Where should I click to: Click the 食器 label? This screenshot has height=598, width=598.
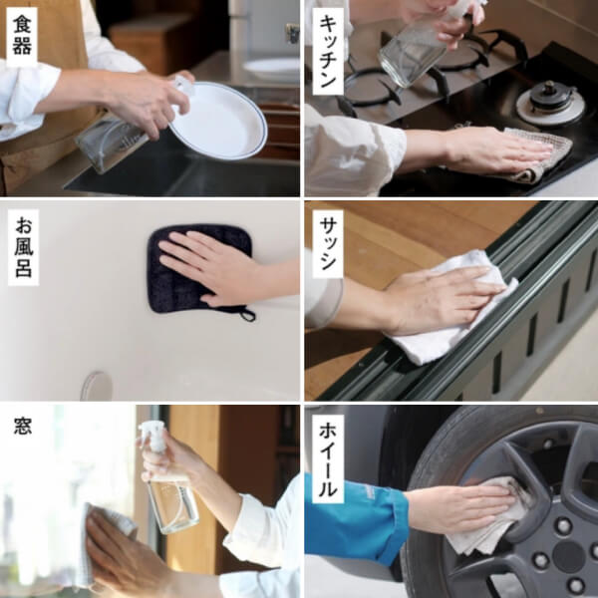21,36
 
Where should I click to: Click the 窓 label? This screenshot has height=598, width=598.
22,427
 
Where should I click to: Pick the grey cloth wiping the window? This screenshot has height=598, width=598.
100,543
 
